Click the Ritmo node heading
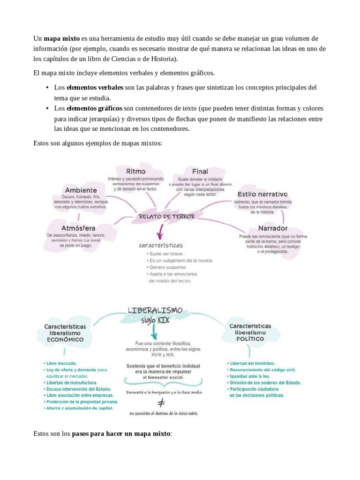point(135,171)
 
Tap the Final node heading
point(200,172)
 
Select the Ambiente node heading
point(81,190)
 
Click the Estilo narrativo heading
point(262,194)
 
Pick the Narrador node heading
point(266,229)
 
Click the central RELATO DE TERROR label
point(160,217)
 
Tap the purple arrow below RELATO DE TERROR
point(160,231)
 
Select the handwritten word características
point(160,245)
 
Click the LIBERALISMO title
point(155,311)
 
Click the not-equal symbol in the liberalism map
point(161,402)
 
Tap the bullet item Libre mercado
point(61,363)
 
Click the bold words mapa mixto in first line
point(61,38)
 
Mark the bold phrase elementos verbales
point(95,88)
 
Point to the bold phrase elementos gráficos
point(95,108)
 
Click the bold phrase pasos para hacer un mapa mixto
point(121,434)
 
